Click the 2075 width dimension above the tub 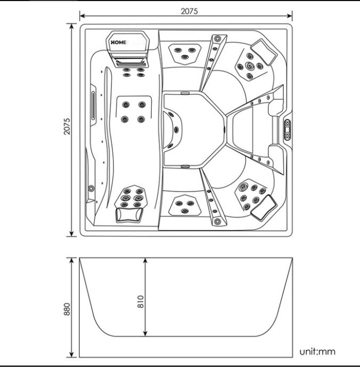(186, 11)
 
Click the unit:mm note (317, 351)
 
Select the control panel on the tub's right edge (288, 130)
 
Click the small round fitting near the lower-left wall (92, 188)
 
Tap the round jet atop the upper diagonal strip (217, 38)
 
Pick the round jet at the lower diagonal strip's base (217, 221)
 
